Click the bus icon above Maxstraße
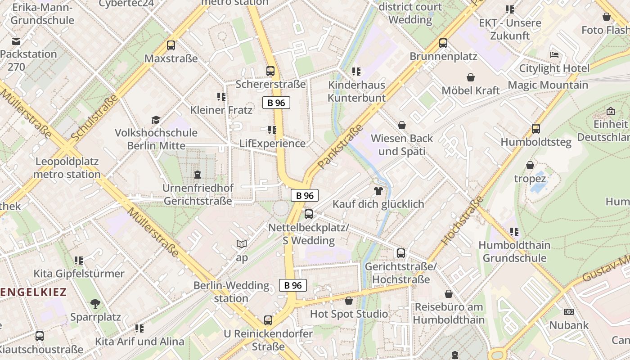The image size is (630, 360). click(x=171, y=45)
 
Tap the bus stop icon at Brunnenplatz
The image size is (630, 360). click(x=443, y=43)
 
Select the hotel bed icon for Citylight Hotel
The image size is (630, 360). click(x=554, y=55)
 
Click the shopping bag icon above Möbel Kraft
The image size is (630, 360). click(x=471, y=77)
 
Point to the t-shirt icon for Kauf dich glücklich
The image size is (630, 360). click(x=378, y=191)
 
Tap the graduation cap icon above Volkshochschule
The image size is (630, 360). click(x=156, y=120)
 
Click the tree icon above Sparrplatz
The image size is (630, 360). click(x=95, y=304)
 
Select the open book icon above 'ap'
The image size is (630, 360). click(x=242, y=244)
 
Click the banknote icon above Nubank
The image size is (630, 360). click(x=569, y=312)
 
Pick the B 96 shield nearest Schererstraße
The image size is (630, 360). click(x=276, y=103)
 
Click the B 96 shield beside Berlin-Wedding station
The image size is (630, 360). click(x=293, y=285)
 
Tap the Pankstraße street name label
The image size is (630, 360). click(x=340, y=147)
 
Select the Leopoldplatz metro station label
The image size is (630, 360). click(x=67, y=168)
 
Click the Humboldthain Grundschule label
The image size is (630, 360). click(x=514, y=252)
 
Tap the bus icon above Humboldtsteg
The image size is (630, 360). click(x=535, y=129)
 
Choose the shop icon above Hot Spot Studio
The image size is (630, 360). click(x=349, y=301)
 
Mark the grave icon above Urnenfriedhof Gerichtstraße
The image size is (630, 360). click(x=197, y=174)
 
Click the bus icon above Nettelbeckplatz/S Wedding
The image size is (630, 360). click(x=308, y=214)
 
